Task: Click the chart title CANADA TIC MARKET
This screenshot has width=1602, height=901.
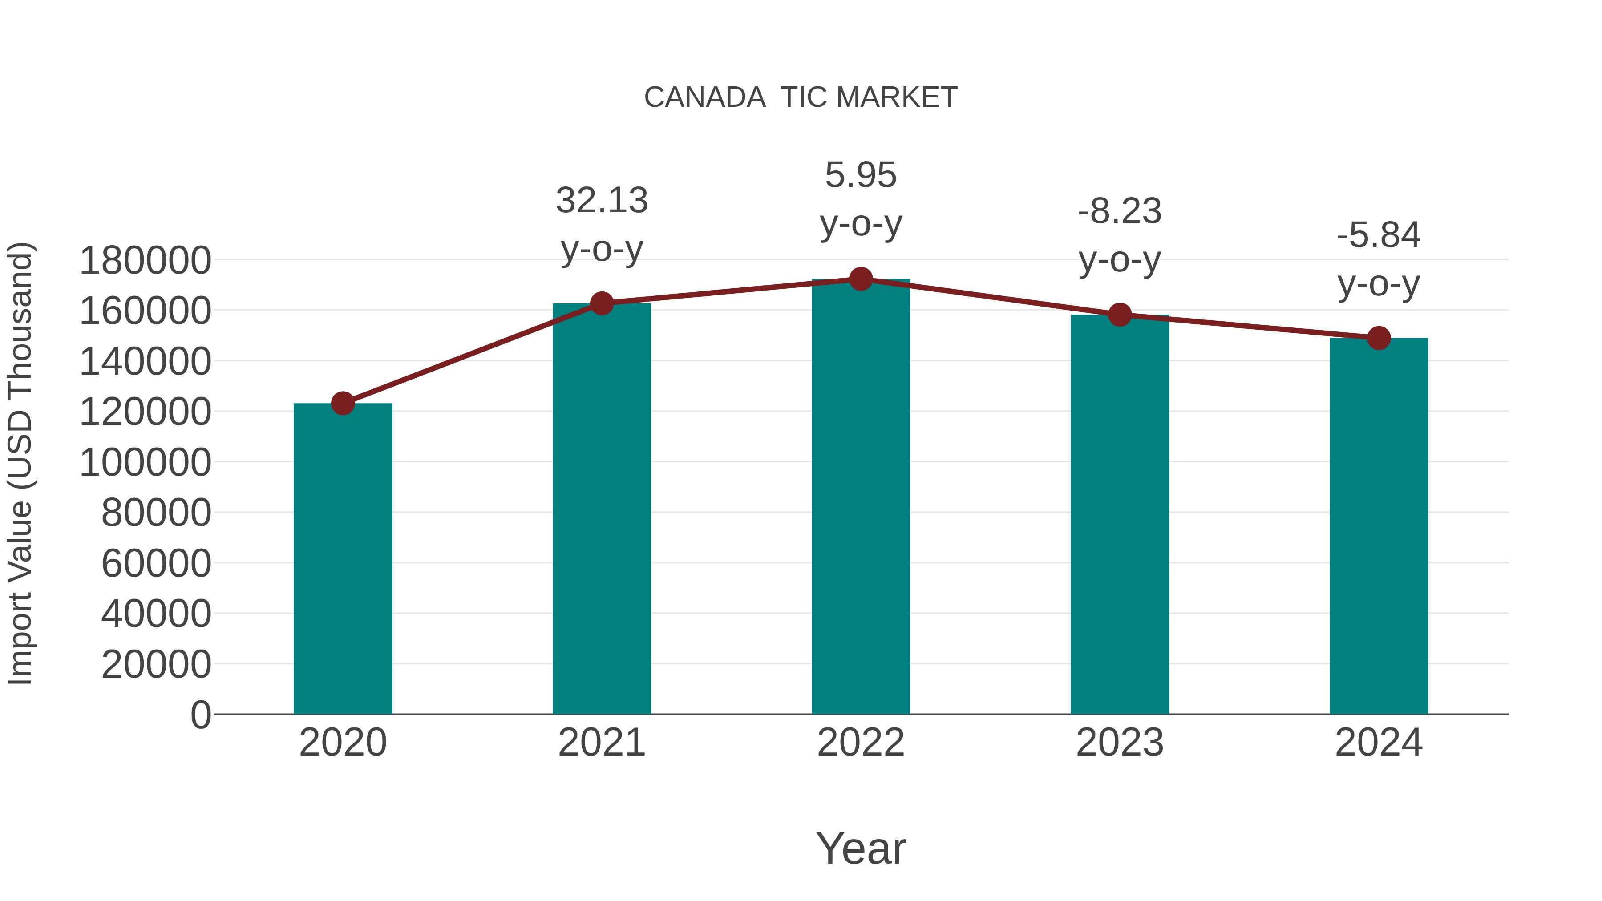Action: point(801,97)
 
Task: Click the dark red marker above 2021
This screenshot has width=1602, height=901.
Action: point(601,303)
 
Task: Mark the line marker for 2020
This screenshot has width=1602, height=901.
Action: point(343,403)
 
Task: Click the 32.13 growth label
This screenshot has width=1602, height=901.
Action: point(601,200)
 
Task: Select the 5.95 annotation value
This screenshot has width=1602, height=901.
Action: point(861,175)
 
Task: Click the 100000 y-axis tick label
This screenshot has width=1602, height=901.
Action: point(146,463)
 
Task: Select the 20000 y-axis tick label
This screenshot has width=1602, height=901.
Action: point(156,665)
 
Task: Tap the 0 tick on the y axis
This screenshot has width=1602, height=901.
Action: point(201,715)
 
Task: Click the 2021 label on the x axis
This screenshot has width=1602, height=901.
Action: point(601,743)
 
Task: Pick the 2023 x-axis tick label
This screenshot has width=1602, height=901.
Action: point(1120,743)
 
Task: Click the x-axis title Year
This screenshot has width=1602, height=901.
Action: point(861,848)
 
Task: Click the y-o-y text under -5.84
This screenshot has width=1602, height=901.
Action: point(1379,285)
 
